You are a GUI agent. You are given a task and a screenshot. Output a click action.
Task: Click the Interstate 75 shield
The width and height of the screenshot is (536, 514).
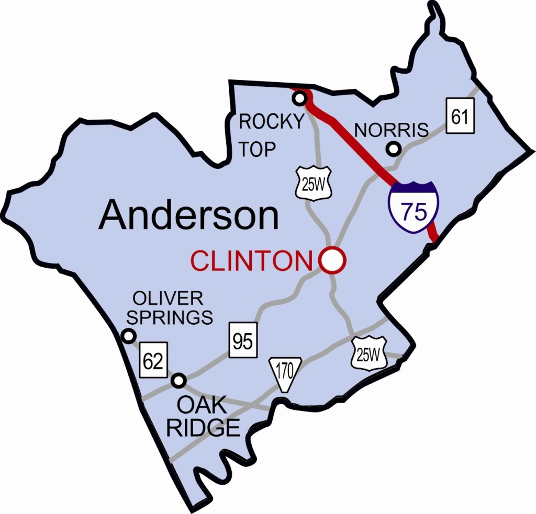pyautogui.click(x=414, y=208)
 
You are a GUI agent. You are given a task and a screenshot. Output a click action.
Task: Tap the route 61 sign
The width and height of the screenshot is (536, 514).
pyautogui.click(x=460, y=117)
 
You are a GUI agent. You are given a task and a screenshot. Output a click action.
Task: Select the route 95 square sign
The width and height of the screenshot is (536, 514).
pyautogui.click(x=243, y=341)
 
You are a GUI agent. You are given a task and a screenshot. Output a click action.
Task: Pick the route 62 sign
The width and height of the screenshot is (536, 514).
pyautogui.click(x=153, y=361)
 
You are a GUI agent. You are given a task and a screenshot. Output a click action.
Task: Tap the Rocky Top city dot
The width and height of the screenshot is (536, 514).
pyautogui.click(x=299, y=98)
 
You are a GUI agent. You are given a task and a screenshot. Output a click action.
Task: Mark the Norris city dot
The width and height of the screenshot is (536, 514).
pyautogui.click(x=394, y=150)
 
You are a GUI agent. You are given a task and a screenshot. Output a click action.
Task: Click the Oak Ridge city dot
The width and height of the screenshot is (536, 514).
pyautogui.click(x=179, y=381)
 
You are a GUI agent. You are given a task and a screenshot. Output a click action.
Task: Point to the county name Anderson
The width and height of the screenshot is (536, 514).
pyautogui.click(x=188, y=215)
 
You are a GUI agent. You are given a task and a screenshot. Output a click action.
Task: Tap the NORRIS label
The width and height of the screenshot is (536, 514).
pyautogui.click(x=392, y=129)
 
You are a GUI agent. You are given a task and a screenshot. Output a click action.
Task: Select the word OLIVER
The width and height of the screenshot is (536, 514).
pyautogui.click(x=167, y=299)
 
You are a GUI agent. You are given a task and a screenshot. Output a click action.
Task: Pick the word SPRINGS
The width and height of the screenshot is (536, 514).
pyautogui.click(x=171, y=317)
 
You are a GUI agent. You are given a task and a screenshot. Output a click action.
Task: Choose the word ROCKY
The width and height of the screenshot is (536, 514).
pyautogui.click(x=271, y=121)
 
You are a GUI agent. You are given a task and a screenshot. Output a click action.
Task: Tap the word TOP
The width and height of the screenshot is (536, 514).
pyautogui.click(x=257, y=149)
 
